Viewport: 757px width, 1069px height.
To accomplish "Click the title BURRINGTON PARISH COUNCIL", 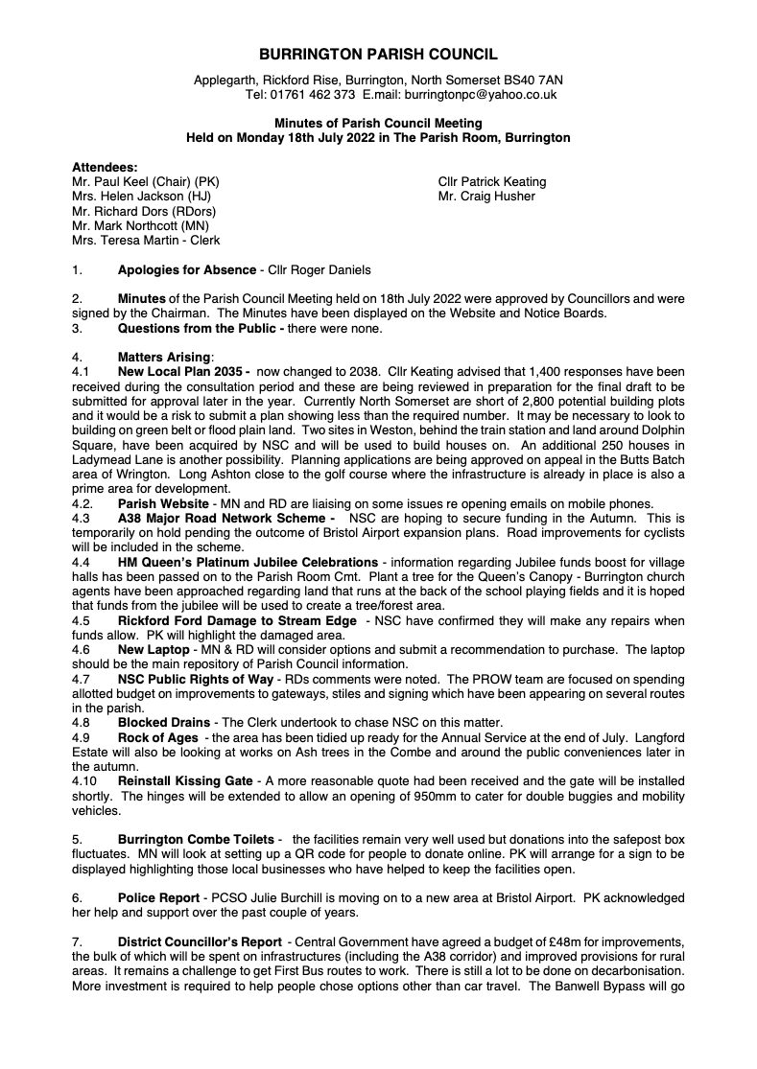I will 378,57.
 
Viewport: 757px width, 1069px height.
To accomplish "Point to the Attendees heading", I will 105,165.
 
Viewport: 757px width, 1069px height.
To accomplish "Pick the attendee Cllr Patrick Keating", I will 490,182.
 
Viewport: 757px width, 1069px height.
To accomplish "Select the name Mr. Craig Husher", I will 482,198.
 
